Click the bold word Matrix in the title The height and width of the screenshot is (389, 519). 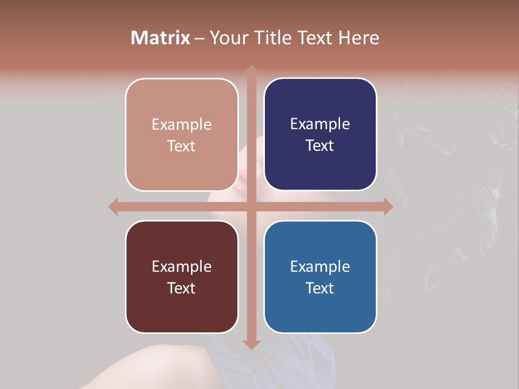point(161,38)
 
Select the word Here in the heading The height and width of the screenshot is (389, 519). point(358,38)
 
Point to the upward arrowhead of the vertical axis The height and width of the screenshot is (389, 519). point(251,70)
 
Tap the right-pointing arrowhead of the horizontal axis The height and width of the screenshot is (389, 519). point(388,206)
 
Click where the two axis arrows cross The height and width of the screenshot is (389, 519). point(251,206)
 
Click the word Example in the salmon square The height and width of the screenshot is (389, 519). point(182,125)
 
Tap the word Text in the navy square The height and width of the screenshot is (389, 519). point(320,146)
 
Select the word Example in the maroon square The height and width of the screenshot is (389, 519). point(182,267)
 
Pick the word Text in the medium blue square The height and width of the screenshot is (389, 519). point(320,288)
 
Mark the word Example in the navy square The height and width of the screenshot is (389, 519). point(320,124)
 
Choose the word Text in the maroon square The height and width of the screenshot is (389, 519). point(182,288)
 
